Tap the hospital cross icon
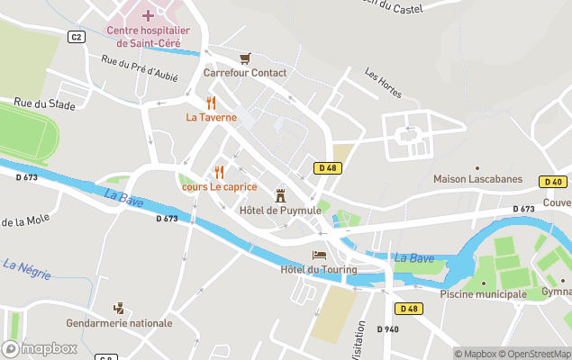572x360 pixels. coord(148,15)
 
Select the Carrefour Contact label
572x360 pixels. coord(245,73)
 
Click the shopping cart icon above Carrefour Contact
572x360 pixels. coord(245,58)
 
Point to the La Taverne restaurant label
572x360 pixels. coord(212,117)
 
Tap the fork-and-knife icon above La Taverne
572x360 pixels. coord(212,103)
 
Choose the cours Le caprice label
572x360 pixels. coord(219,187)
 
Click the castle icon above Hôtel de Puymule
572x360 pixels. coord(280,194)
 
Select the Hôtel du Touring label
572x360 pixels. coord(319,270)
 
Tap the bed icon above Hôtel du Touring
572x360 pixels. coord(319,256)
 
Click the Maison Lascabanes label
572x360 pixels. coord(477,179)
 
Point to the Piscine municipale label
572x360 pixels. coord(483,294)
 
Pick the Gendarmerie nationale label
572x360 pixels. coord(119,323)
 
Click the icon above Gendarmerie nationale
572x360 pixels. coord(118,308)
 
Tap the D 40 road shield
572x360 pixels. coord(553,182)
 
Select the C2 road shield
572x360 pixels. coord(77,36)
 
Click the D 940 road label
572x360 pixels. coord(388,329)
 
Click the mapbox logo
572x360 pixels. coord(40,348)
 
